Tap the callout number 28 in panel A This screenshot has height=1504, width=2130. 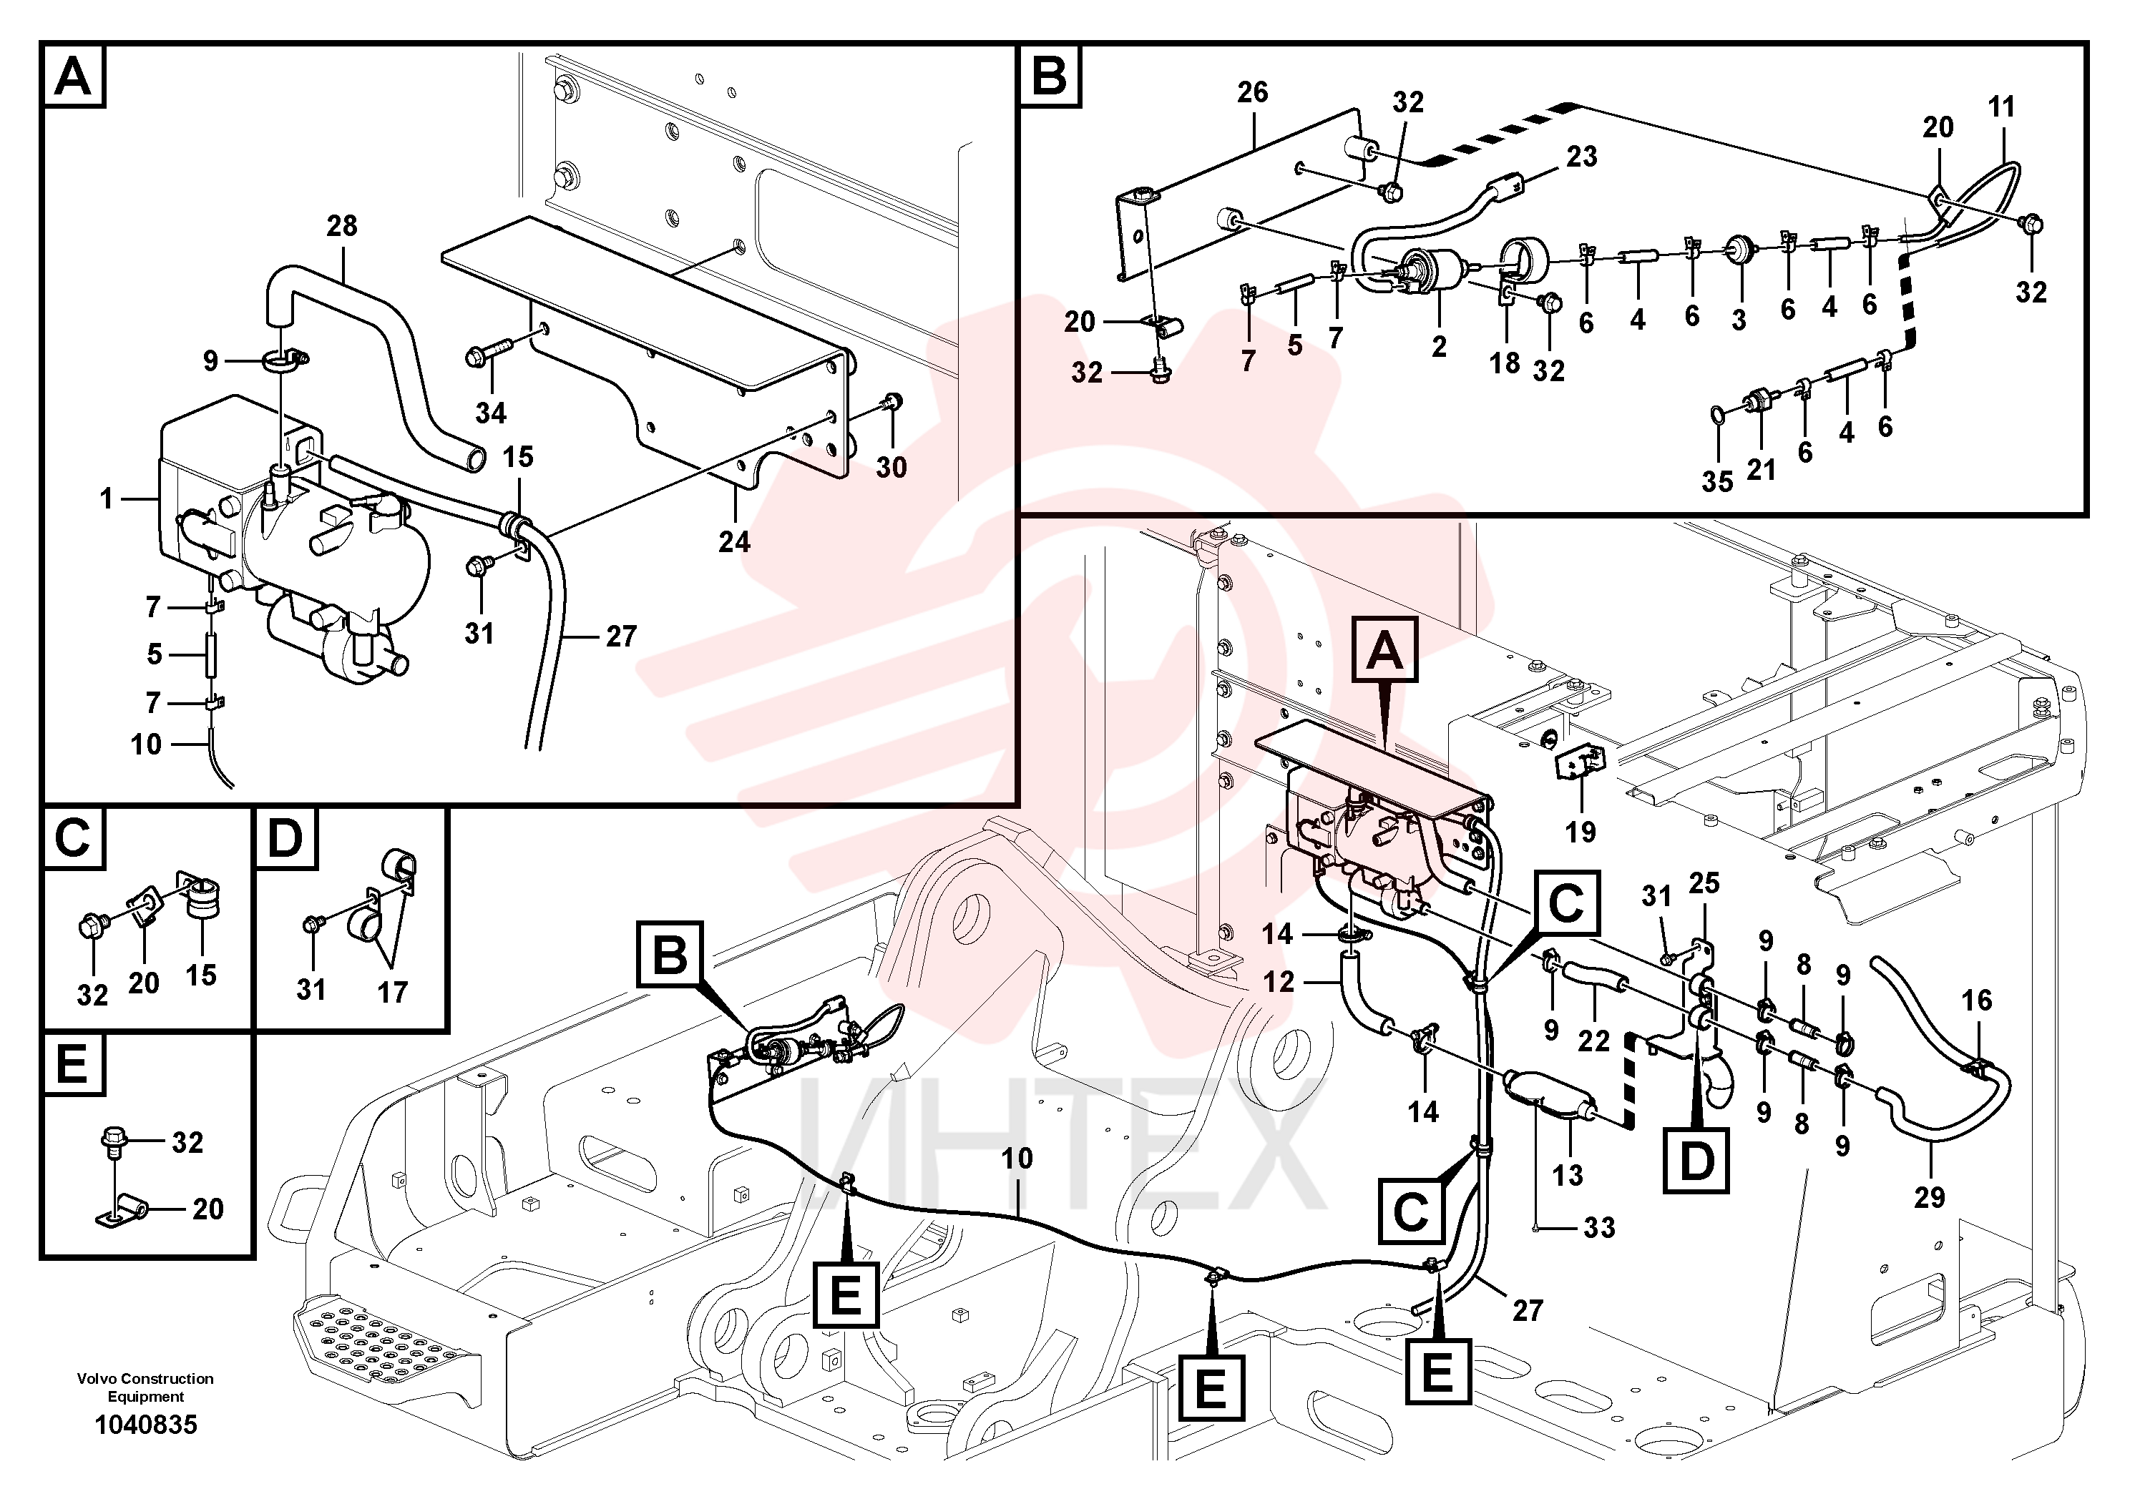(341, 225)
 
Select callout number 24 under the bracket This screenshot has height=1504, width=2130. (734, 541)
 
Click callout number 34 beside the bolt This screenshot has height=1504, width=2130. (491, 413)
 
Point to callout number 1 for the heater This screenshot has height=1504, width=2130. (107, 499)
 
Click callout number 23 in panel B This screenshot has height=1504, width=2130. (1582, 156)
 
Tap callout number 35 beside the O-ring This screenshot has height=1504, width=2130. (1717, 481)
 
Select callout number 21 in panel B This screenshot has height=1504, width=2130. (1761, 470)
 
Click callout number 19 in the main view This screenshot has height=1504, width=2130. (1581, 832)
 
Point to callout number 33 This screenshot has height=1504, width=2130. (1599, 1228)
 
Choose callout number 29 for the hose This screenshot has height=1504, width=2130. (1930, 1197)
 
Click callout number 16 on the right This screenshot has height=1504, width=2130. (1977, 1000)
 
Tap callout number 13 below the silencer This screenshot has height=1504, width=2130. (1568, 1176)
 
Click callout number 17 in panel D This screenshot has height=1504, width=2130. (391, 992)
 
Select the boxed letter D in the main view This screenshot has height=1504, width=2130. (1696, 1160)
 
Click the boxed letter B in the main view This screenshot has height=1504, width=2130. (670, 953)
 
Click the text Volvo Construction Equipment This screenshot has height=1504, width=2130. (146, 1387)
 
